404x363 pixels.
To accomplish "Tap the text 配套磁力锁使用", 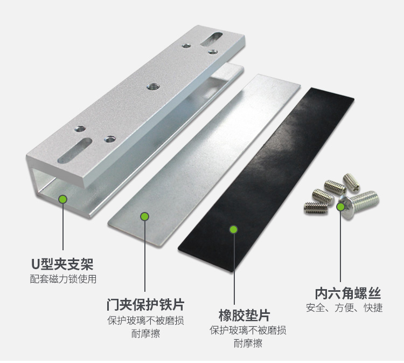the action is pos(63,279).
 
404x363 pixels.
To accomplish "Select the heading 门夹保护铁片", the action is pos(145,304).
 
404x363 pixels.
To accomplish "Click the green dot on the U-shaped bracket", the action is pos(63,199).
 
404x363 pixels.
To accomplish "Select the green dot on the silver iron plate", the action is pos(144,216).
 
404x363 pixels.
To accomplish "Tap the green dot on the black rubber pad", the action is pos(233,229).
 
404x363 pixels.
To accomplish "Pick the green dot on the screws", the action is pos(340,206).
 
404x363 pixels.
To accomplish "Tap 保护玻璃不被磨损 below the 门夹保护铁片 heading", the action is pos(145,320).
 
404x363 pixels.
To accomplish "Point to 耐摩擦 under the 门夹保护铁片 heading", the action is pos(145,334).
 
